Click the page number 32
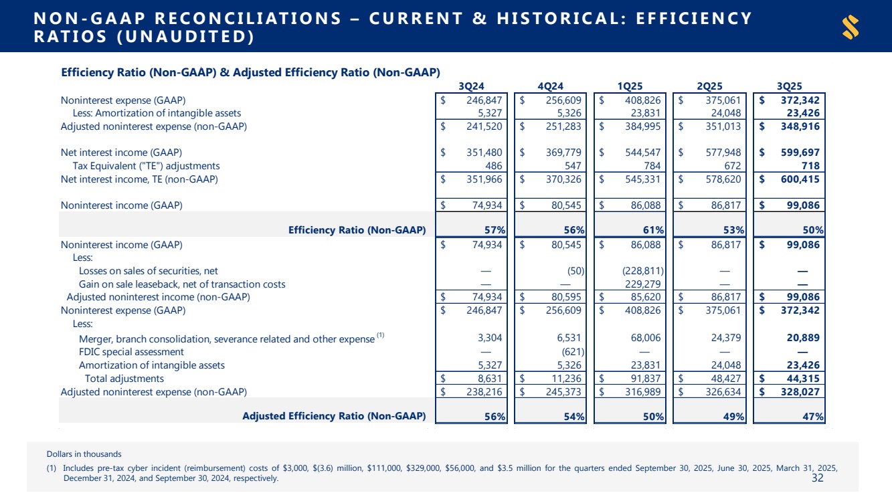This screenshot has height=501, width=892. [817, 478]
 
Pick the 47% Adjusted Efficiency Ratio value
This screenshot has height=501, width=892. [812, 416]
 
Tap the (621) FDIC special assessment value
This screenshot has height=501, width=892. [573, 351]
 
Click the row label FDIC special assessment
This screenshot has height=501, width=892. [131, 351]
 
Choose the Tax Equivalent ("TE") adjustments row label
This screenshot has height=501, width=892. [146, 165]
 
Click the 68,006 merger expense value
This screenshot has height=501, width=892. [647, 338]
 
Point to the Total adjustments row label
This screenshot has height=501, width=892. [124, 378]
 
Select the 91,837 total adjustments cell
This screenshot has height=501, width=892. [647, 378]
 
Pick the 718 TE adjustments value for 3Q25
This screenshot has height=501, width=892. [812, 165]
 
